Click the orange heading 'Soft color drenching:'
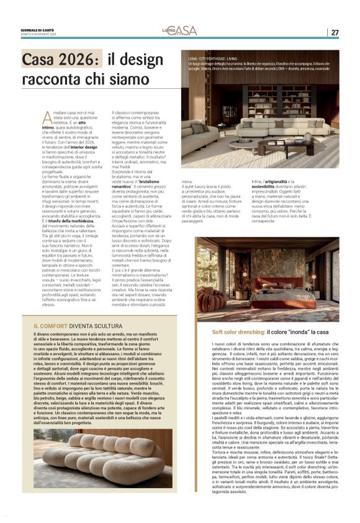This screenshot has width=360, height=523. [x=238, y=332]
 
